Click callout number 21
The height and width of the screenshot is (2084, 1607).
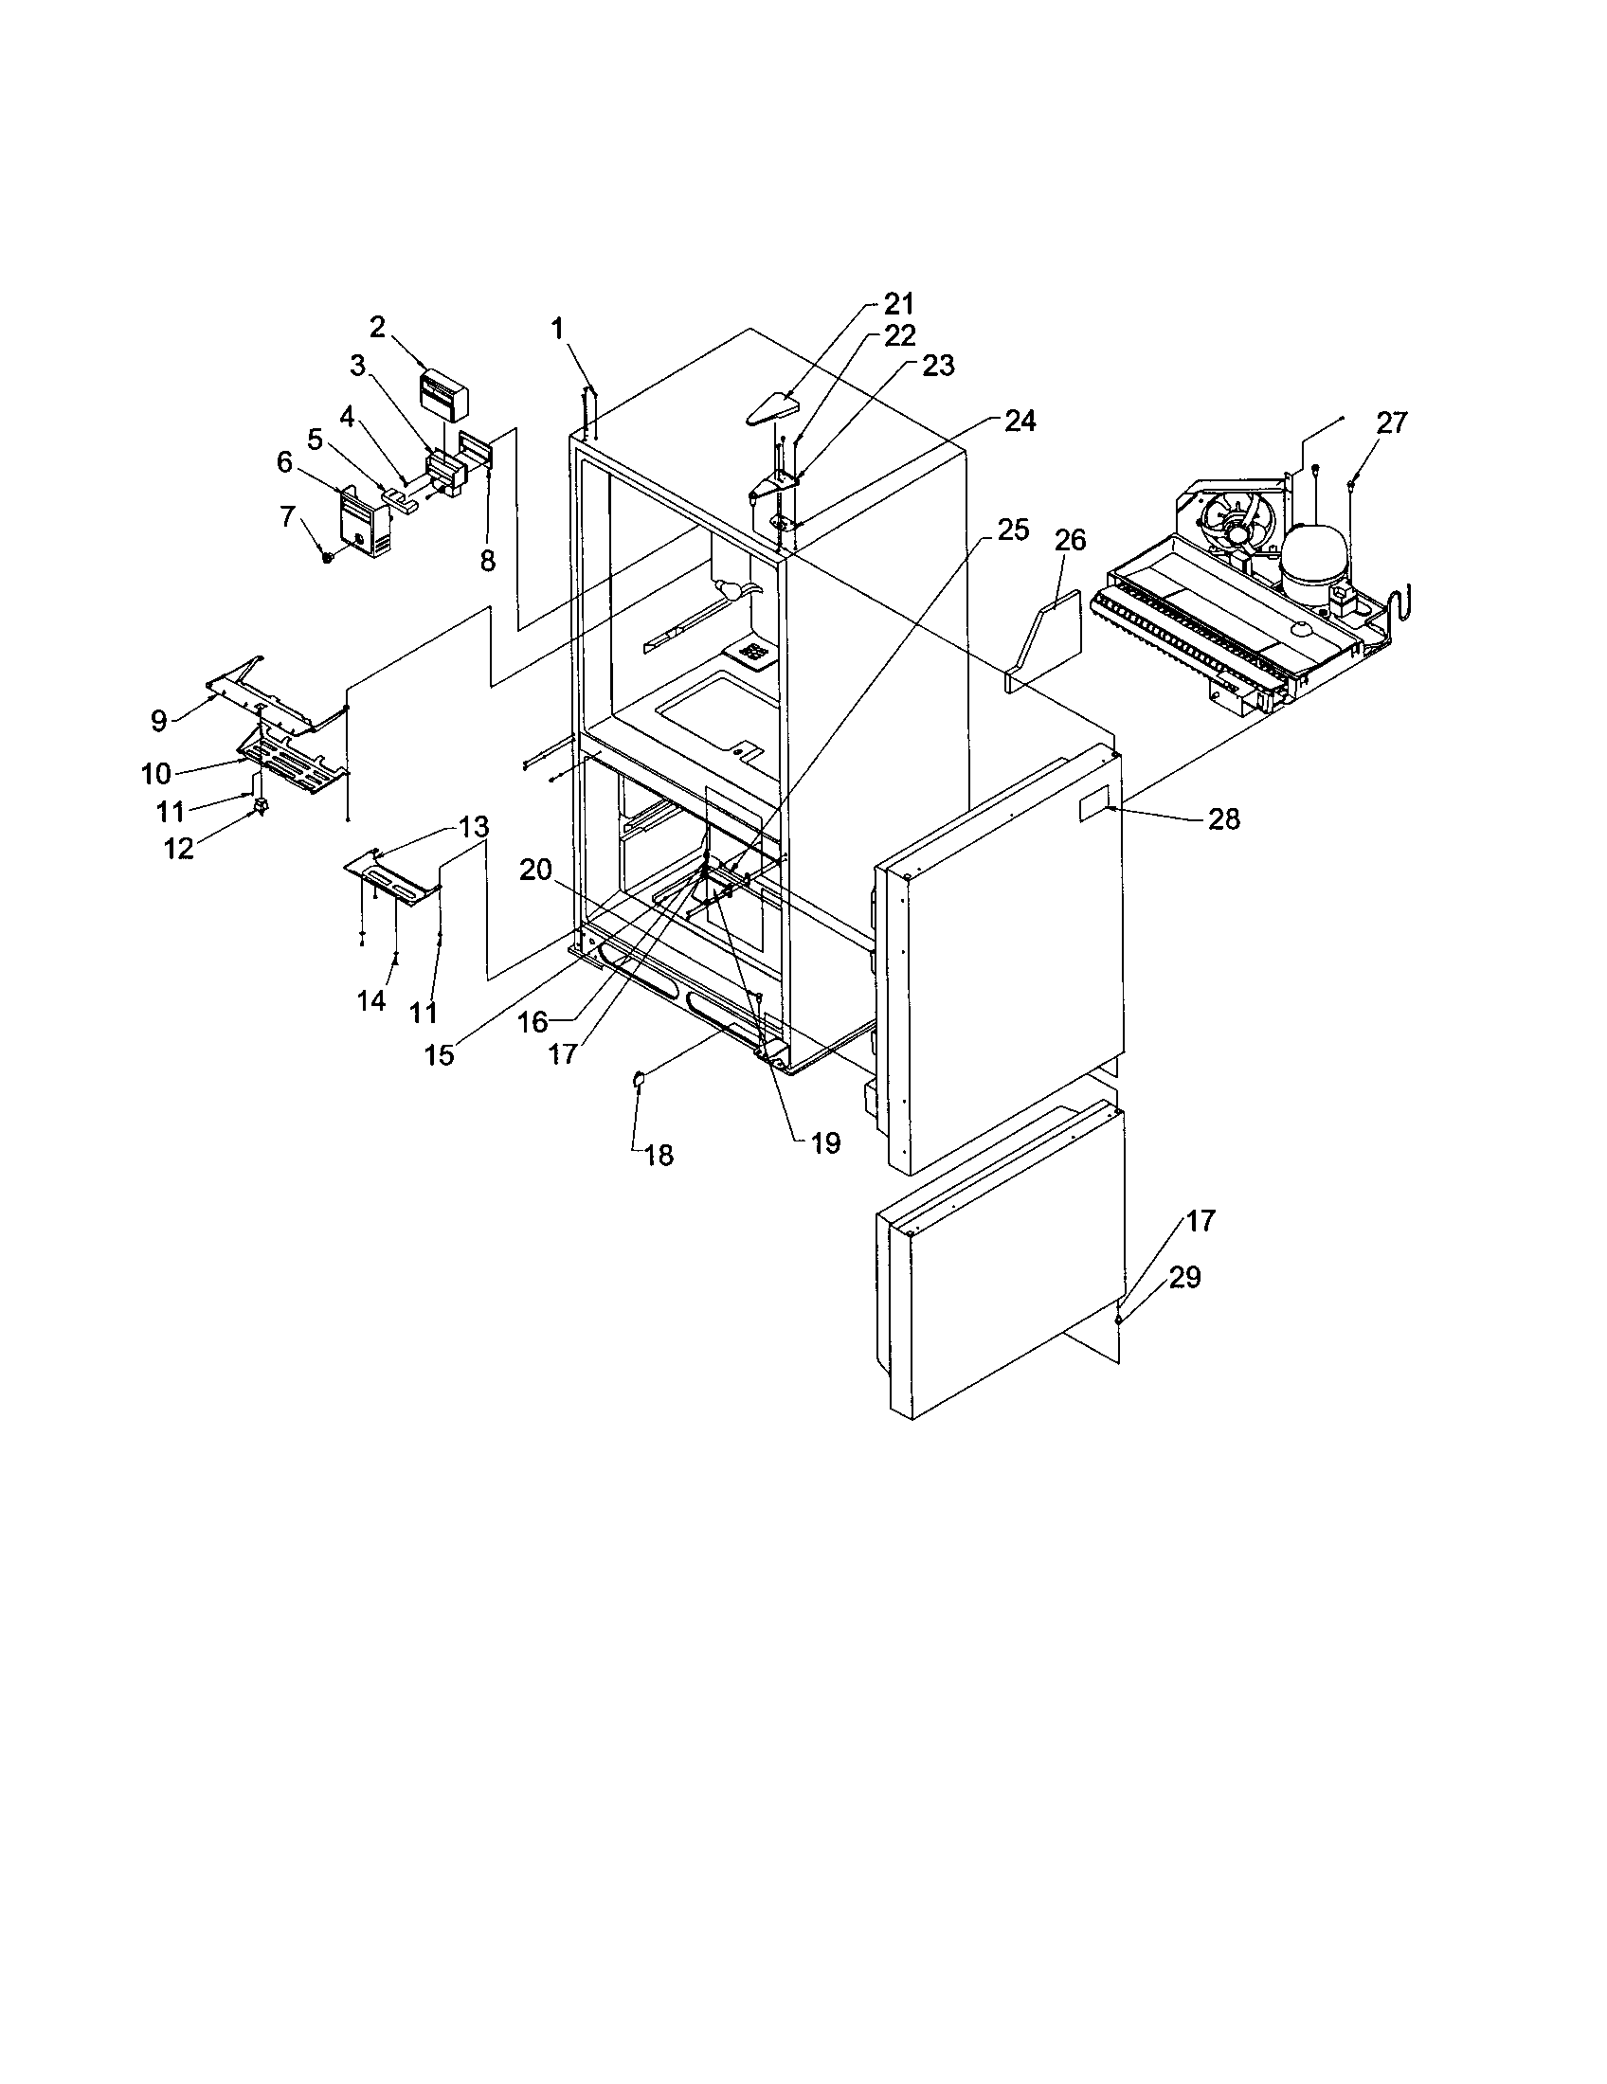[898, 304]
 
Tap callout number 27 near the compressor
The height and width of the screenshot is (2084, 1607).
[1391, 422]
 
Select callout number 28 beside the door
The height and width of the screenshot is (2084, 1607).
[1224, 818]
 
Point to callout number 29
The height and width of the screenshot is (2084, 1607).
[1184, 1277]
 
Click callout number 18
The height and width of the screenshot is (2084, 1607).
[659, 1156]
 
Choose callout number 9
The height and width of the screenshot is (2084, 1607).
[159, 721]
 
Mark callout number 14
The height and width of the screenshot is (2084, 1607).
[371, 1000]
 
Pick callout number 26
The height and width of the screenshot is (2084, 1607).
[1070, 540]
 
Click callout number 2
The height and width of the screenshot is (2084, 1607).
[378, 328]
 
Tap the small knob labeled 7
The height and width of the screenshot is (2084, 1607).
[328, 555]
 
